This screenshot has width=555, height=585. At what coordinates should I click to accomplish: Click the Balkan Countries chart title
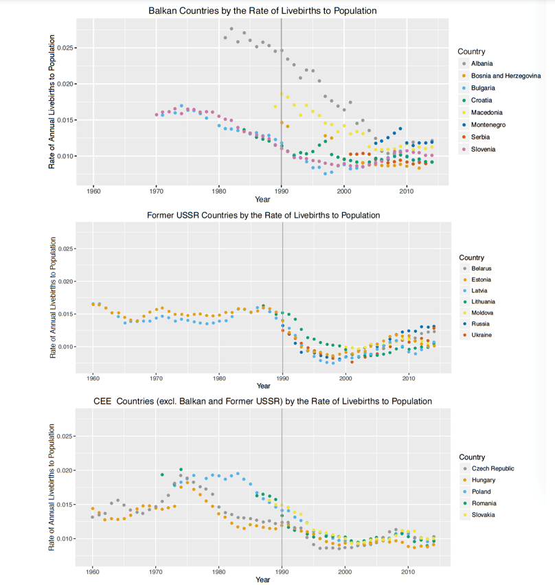(x=262, y=11)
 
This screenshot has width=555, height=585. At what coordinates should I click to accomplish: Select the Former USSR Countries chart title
(x=263, y=216)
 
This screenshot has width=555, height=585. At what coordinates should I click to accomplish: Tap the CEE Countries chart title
(x=262, y=401)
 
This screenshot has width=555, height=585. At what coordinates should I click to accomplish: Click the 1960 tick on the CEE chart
(x=93, y=571)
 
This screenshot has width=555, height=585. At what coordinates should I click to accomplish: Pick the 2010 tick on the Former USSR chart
(x=408, y=378)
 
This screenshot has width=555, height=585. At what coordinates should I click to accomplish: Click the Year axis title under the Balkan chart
(x=262, y=199)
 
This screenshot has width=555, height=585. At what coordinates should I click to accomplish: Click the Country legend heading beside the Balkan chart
(x=471, y=51)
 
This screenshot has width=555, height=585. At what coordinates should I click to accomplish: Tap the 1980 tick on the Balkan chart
(x=219, y=190)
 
